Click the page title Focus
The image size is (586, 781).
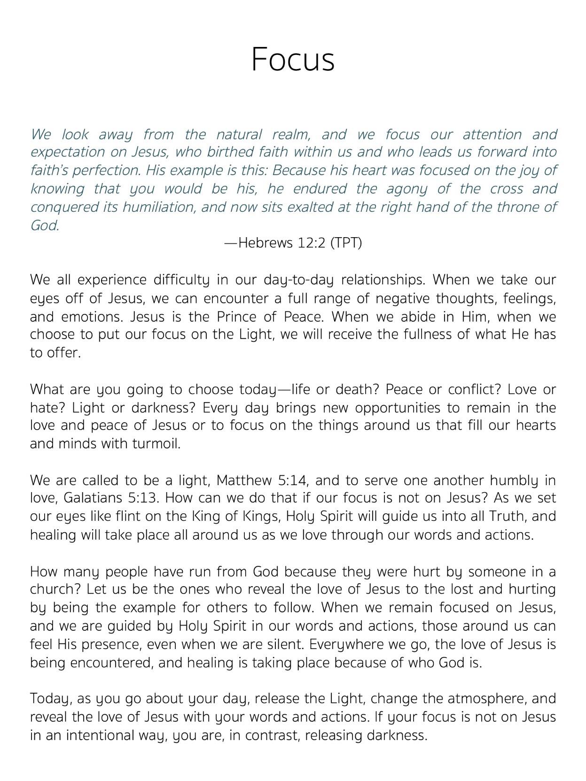tap(293, 60)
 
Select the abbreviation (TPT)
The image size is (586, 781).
tap(346, 243)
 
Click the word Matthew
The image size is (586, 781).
tap(244, 480)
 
